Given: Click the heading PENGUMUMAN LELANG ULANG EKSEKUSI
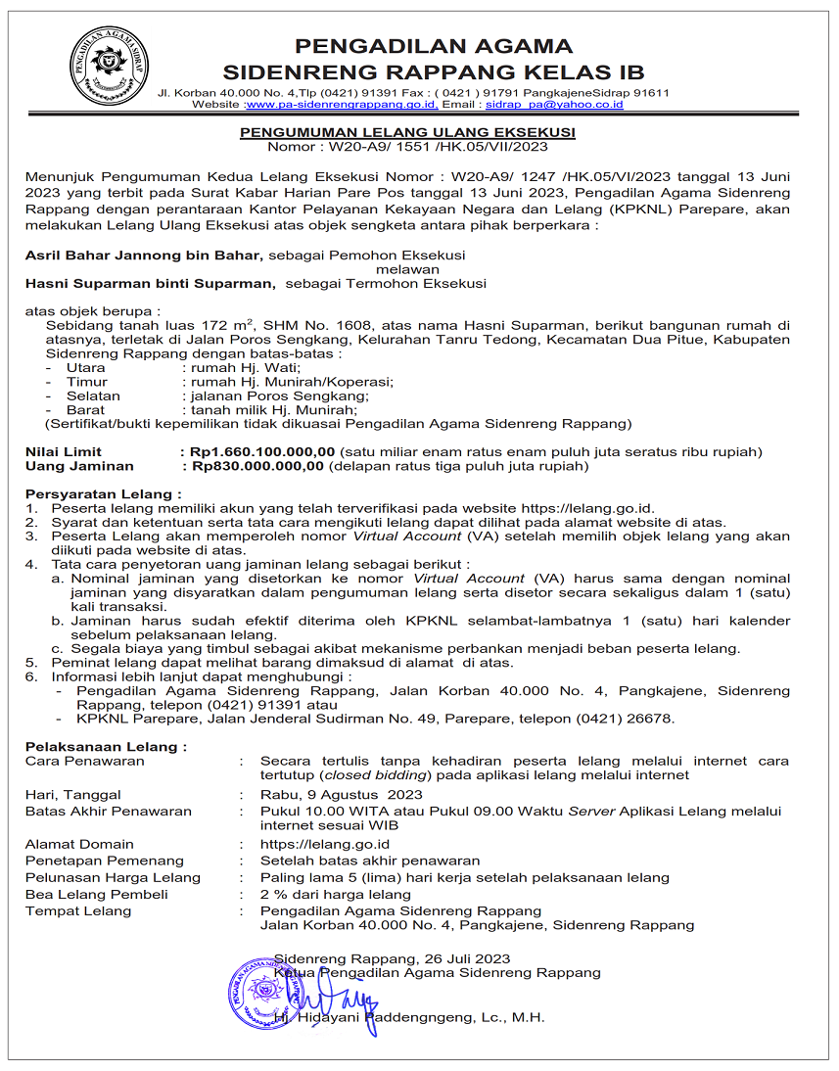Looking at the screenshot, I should coord(408,132).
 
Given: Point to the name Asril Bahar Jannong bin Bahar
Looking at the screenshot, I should coord(144,255).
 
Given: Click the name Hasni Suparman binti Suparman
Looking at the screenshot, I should coord(149,284).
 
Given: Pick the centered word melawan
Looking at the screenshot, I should coord(408,269).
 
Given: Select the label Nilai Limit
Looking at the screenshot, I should coord(64,452).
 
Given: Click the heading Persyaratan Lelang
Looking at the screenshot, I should coord(103,495).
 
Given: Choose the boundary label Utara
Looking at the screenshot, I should coord(85,367).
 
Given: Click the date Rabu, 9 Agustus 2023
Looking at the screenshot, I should coord(341,795).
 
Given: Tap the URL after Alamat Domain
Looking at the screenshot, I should coord(325,844).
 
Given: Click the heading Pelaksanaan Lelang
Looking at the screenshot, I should coord(105,747).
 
